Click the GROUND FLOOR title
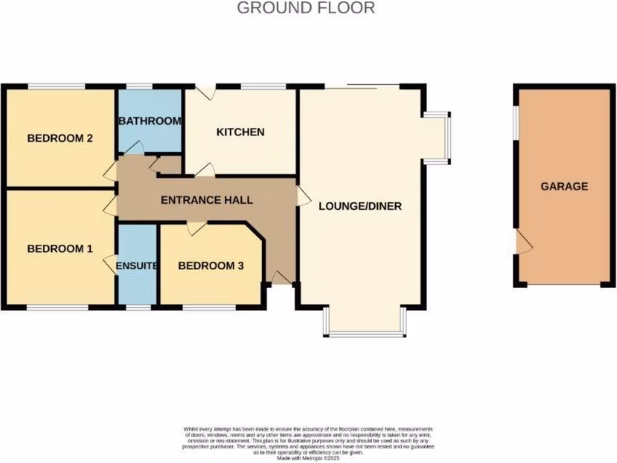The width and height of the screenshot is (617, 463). click(x=305, y=8)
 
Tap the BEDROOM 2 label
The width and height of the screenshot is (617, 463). click(x=60, y=138)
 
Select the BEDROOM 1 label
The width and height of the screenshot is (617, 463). click(x=60, y=248)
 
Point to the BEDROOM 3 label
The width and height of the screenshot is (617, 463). click(x=211, y=265)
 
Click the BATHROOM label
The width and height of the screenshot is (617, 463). click(x=150, y=121)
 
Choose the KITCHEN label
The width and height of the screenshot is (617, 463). click(x=240, y=131)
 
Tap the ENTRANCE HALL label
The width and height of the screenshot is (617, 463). click(x=207, y=200)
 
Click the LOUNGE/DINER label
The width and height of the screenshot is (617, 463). click(x=360, y=206)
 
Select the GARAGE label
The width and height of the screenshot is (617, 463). click(x=564, y=186)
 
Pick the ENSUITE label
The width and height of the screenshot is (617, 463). click(x=137, y=265)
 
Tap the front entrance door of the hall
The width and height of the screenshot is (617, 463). click(x=279, y=277)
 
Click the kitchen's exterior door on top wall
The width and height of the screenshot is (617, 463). click(x=207, y=93)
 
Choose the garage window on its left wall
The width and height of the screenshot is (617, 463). click(x=516, y=124)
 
